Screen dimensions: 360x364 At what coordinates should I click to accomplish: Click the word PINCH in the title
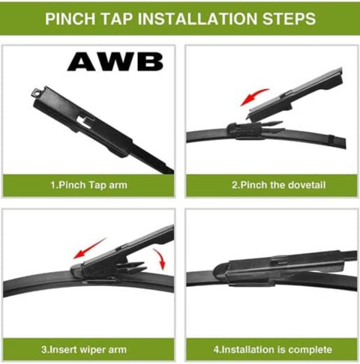coord(70,19)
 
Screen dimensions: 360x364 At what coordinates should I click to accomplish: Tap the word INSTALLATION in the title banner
coord(197,19)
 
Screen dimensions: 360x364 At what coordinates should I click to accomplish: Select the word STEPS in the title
coord(289,19)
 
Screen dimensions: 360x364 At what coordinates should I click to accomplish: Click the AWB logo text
coord(115,62)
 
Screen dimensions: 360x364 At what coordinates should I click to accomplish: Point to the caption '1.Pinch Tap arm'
coord(88,185)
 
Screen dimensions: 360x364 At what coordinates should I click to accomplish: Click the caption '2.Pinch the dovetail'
coord(278,185)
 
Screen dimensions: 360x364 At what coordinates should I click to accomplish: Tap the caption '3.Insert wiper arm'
coord(84,350)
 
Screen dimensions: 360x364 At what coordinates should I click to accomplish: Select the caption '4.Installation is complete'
coord(272,350)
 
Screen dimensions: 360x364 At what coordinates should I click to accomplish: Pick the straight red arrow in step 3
coord(90,248)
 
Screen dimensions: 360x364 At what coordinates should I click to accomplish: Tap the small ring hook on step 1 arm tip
coord(36,93)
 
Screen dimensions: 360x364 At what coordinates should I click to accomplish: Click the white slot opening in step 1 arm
coord(84,121)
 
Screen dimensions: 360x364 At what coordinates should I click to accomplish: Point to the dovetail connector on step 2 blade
coord(246,130)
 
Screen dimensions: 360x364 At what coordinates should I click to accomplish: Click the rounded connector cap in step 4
coord(221,272)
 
